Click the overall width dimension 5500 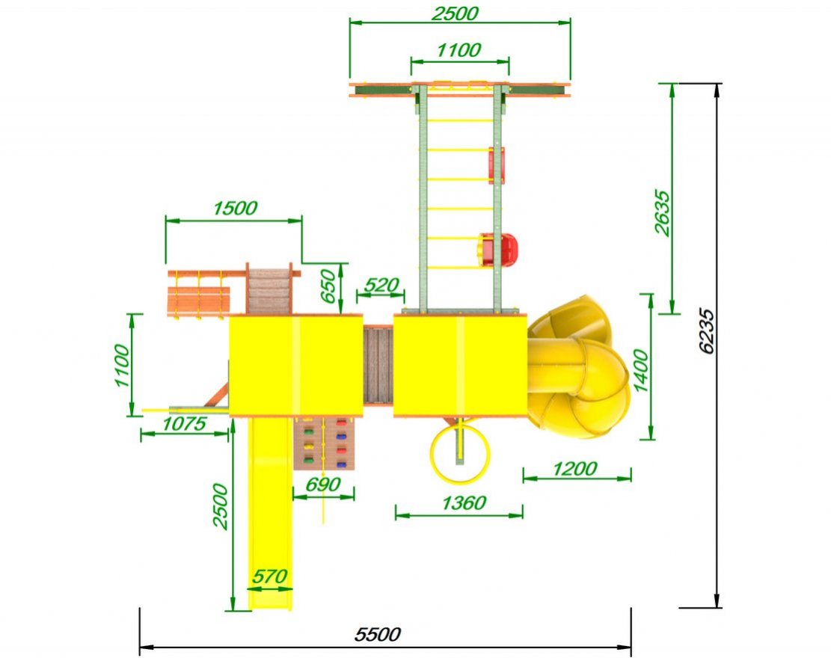tap(377, 634)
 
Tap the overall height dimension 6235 tap(706, 330)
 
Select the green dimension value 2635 tap(662, 212)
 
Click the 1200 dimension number tap(575, 468)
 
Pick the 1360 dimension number tap(464, 502)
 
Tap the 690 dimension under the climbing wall tap(323, 485)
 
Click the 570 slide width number tap(269, 576)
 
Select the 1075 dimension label tap(184, 423)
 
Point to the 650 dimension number tap(329, 286)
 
